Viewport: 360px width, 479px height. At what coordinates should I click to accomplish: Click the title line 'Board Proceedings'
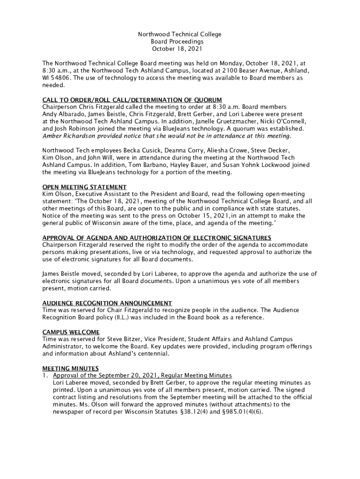pos(180,42)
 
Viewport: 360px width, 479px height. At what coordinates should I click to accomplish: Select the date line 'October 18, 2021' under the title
pos(180,49)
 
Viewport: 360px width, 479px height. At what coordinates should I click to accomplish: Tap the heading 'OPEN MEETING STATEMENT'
pos(84,187)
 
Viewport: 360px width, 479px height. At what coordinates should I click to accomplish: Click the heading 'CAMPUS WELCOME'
pos(71,332)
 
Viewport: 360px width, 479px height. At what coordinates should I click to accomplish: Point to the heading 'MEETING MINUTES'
pos(70,368)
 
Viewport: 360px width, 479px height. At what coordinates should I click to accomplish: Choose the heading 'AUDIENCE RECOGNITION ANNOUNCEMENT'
pos(107,303)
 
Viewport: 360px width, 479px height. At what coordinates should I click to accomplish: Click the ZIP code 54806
pos(61,78)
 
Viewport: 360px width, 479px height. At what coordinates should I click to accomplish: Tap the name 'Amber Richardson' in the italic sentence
pos(66,136)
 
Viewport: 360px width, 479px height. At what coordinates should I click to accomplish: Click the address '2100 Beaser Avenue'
pos(255,71)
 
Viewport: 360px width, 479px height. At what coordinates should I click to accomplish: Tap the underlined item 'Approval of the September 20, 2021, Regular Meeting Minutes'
pos(142,376)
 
